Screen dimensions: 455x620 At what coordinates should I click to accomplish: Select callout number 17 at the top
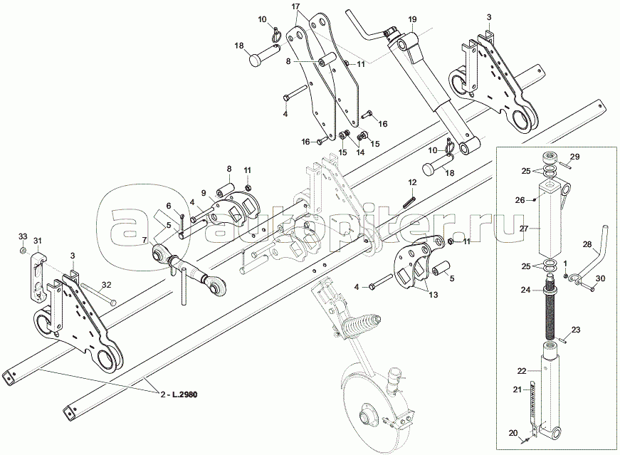point(296,6)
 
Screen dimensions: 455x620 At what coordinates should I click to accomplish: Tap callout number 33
point(22,236)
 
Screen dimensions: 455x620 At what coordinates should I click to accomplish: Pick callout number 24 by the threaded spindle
point(525,290)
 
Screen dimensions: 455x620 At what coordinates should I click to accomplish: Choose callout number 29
point(575,156)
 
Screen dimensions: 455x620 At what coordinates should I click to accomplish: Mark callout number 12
point(412,182)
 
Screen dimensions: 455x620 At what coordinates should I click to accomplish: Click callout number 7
point(145,239)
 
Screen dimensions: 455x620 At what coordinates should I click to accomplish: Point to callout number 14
point(359,152)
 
